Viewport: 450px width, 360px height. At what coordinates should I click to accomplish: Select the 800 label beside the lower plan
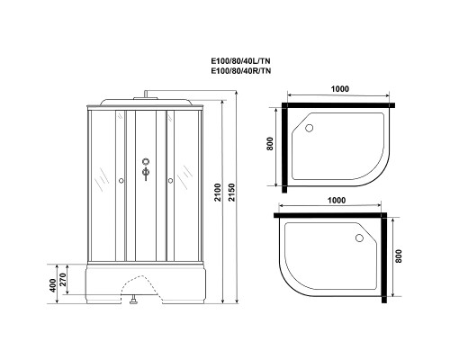pos(411,260)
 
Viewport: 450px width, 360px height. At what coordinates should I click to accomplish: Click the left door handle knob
pos(121,181)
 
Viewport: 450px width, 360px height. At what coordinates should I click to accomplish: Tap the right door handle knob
pos(168,181)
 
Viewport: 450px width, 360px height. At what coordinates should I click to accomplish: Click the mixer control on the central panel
pos(144,169)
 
